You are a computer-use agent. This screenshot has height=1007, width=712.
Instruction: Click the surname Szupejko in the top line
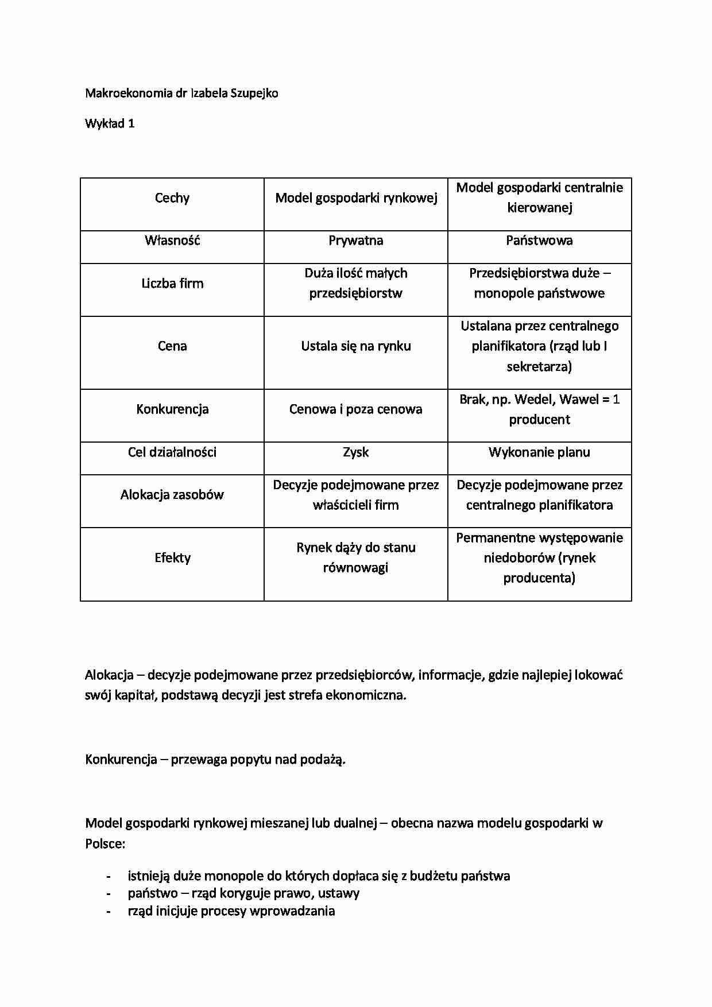254,93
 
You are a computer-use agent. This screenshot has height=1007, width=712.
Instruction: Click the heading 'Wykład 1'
110,123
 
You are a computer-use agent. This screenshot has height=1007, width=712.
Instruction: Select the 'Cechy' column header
172,198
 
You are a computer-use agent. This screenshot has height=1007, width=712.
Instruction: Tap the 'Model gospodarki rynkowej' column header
356,198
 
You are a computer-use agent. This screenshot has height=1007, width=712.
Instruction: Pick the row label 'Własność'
172,241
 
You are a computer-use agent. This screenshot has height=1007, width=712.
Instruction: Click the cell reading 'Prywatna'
356,241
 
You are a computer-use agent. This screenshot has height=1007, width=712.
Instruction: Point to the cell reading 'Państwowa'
539,241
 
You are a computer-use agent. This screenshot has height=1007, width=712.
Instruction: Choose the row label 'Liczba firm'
172,284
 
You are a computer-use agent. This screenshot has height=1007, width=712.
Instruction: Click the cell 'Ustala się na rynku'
356,346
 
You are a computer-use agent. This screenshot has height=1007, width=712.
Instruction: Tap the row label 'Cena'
172,346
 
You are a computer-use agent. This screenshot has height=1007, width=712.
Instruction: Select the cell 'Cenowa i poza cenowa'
356,409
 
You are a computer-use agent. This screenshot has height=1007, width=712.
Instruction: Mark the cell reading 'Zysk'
356,452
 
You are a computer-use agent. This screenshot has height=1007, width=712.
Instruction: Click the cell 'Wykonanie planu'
539,452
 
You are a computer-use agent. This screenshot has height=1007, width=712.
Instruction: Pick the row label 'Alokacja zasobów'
172,495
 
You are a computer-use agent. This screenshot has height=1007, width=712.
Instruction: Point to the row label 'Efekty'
172,558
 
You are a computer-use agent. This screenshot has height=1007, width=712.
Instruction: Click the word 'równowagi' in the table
356,568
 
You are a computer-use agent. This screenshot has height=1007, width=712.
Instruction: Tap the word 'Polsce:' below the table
105,844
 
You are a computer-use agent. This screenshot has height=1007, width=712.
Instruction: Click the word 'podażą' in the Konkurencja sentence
324,760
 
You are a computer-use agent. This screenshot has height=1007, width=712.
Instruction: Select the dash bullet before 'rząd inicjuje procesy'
109,911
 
